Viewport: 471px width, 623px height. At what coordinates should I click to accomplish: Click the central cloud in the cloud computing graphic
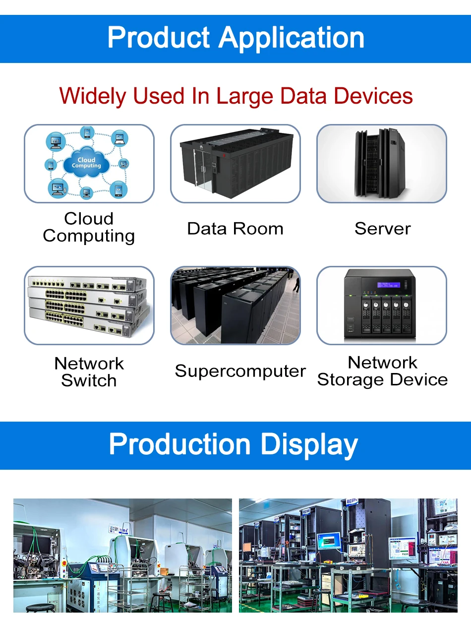(x=86, y=163)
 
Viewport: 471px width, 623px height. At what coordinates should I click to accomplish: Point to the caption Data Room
(x=235, y=229)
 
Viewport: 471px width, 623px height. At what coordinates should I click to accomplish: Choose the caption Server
(x=382, y=229)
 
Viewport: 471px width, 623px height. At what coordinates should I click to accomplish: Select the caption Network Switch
(x=89, y=372)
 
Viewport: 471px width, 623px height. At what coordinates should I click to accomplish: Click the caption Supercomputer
(x=240, y=371)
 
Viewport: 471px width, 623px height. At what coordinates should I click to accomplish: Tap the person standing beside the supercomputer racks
(x=296, y=284)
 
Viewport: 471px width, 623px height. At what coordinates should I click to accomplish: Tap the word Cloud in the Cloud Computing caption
(x=89, y=219)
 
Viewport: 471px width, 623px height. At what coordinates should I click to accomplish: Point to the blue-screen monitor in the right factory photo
(x=329, y=541)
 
